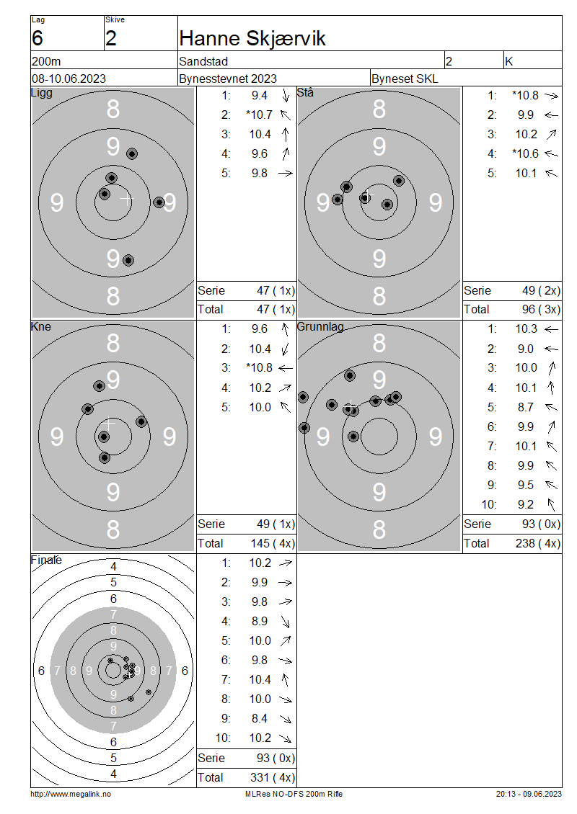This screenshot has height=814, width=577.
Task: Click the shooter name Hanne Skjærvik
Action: point(252,38)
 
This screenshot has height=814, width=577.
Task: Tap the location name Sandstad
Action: point(203,61)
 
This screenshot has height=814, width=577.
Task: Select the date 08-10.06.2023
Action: point(69,79)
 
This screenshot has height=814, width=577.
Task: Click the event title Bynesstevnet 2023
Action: point(228,79)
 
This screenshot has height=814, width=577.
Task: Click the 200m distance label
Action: point(46,61)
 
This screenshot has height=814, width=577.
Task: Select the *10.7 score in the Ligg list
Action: point(259,115)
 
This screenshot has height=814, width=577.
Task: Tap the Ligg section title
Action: point(42,93)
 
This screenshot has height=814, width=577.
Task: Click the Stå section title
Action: point(305,92)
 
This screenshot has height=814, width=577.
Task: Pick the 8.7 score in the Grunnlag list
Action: point(526,407)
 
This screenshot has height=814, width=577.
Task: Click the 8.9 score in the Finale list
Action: point(260,621)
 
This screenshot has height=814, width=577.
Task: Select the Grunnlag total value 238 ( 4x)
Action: point(538,544)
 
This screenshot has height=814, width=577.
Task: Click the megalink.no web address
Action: point(71,794)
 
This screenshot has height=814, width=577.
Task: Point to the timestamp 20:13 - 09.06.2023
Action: point(529,794)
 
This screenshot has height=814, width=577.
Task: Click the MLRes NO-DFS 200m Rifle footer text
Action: point(294,794)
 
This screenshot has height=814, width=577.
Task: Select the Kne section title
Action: point(41,326)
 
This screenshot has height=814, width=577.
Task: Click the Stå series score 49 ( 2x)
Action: point(541,291)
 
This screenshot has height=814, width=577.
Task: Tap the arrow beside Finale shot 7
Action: point(285,679)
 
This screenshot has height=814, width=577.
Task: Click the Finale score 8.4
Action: point(260,718)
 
